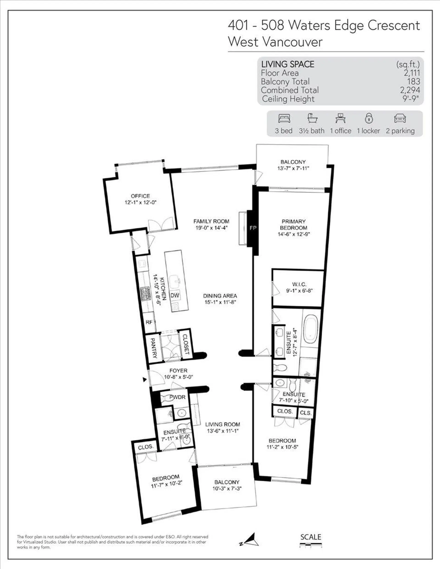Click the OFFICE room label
(x=140, y=196)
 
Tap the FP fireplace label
(x=253, y=228)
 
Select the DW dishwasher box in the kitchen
(x=175, y=295)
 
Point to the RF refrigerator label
(x=149, y=322)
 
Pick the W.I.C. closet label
(x=299, y=284)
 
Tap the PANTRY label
(x=153, y=348)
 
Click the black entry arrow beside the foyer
(x=145, y=380)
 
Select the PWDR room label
(x=177, y=397)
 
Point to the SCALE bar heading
(x=311, y=537)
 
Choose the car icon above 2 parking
(x=400, y=119)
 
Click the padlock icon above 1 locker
(x=368, y=118)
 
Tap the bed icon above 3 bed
(x=284, y=119)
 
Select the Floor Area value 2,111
(x=412, y=73)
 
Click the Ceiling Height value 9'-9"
(x=411, y=98)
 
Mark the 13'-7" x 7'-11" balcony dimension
(x=293, y=168)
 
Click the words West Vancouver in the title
(x=275, y=42)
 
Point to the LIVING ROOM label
(x=223, y=425)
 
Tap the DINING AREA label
(x=220, y=296)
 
